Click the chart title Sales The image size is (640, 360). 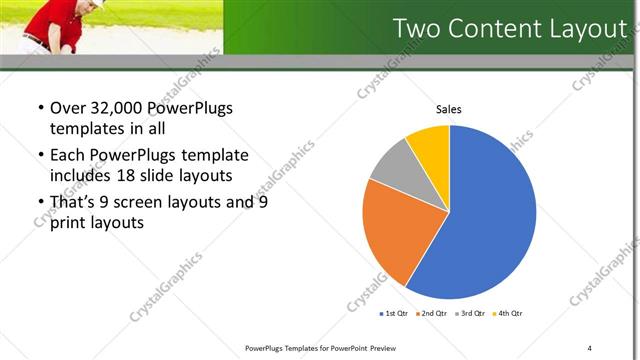coord(449,109)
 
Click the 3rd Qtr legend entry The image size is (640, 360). coord(470,313)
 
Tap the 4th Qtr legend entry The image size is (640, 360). coord(507,313)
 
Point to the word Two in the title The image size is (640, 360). coord(417,29)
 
